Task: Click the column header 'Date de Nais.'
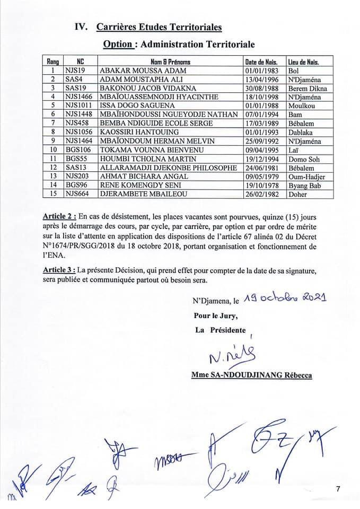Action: point(263,61)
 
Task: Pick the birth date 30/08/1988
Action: point(263,88)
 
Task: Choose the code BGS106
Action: point(77,150)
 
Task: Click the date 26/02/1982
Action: point(263,194)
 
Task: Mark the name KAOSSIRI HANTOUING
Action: point(136,132)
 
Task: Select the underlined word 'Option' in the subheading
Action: point(117,44)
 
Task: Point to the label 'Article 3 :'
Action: point(60,270)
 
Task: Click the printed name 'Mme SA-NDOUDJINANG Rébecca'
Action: point(251,375)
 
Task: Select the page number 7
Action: point(337,488)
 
